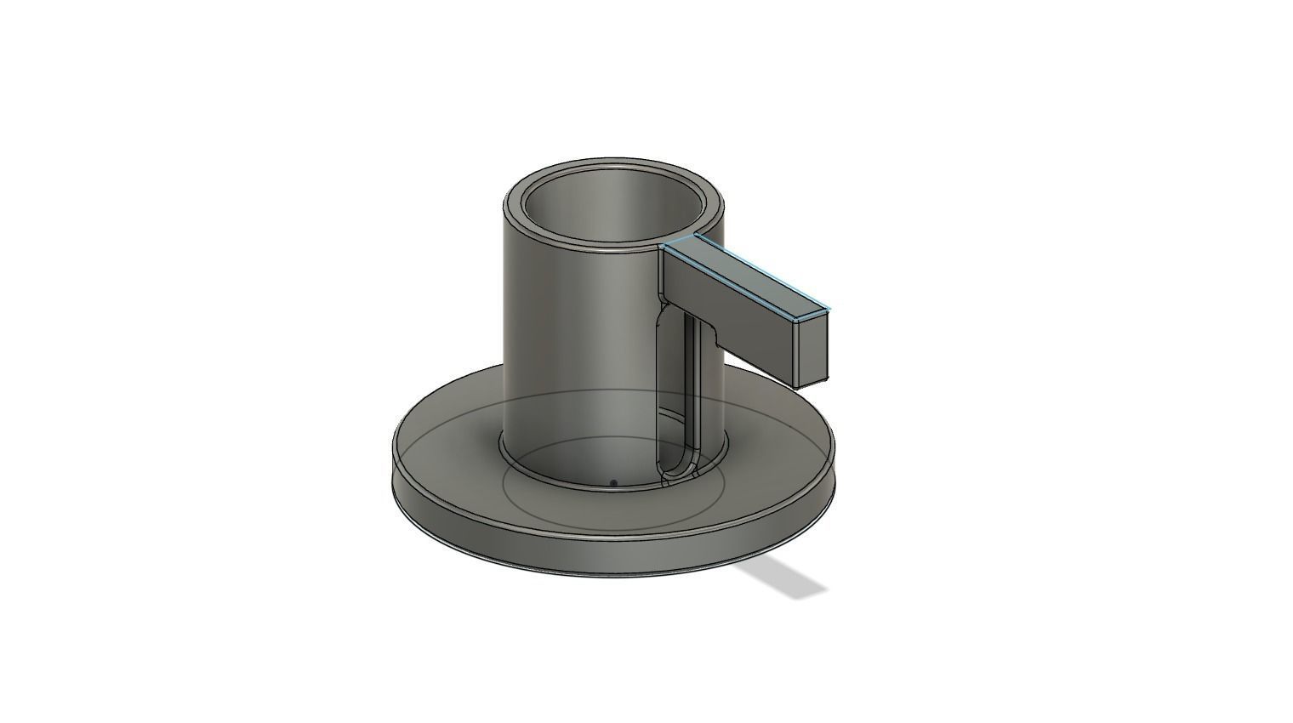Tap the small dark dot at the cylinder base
click(613, 483)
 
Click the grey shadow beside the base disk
click(787, 578)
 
